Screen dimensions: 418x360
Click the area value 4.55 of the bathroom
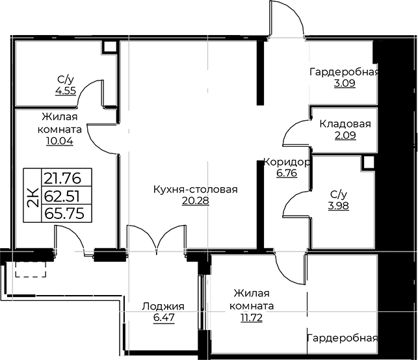pyautogui.click(x=66, y=91)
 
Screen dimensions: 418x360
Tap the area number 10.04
pyautogui.click(x=60, y=141)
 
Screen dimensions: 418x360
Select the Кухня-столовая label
pyautogui.click(x=196, y=190)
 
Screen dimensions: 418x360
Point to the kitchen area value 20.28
pyautogui.click(x=196, y=201)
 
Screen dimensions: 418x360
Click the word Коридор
pyautogui.click(x=287, y=162)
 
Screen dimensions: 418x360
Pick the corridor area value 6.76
pyautogui.click(x=287, y=174)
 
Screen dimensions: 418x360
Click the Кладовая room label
pyautogui.click(x=345, y=124)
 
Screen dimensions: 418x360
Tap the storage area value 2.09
pyautogui.click(x=345, y=135)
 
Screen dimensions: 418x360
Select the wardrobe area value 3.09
pyautogui.click(x=345, y=83)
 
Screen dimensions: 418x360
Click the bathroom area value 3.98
pyautogui.click(x=339, y=206)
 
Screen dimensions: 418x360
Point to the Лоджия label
pyautogui.click(x=163, y=307)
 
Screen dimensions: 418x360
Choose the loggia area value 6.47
pyautogui.click(x=164, y=318)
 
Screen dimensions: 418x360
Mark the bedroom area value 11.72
pyautogui.click(x=252, y=317)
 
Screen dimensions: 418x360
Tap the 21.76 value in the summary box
pyautogui.click(x=62, y=178)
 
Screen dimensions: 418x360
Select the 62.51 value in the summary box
pyautogui.click(x=62, y=196)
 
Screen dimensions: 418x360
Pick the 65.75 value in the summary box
pyautogui.click(x=64, y=213)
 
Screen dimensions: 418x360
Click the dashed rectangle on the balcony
pyautogui.click(x=31, y=269)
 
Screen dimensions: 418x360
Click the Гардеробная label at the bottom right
pyautogui.click(x=343, y=338)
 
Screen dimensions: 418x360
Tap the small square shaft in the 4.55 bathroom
pyautogui.click(x=109, y=47)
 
